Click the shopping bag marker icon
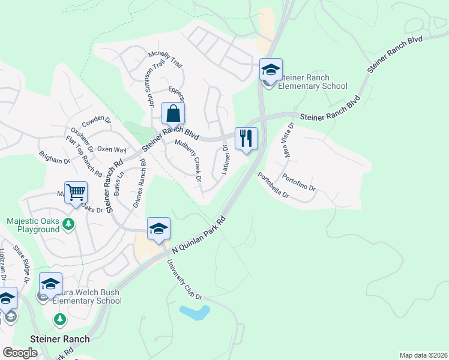tap(173, 113)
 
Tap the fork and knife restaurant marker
tap(246, 139)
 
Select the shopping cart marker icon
tap(76, 193)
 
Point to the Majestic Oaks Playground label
tap(33, 225)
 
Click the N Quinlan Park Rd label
tap(199, 234)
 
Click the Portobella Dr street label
tap(273, 186)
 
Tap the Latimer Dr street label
tap(224, 160)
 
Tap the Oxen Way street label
tap(112, 149)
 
